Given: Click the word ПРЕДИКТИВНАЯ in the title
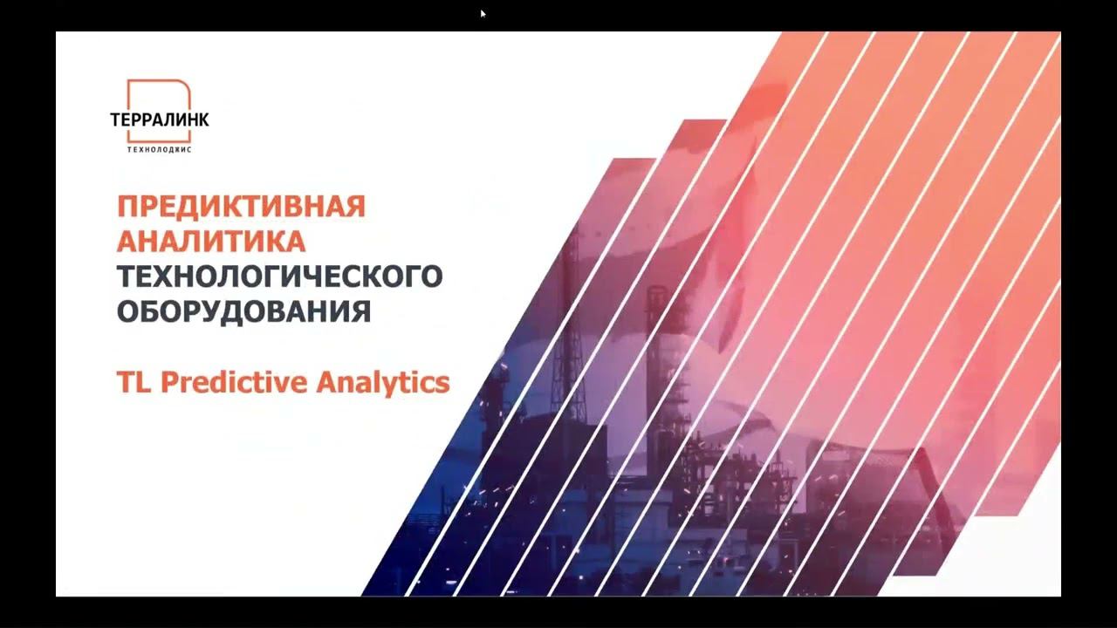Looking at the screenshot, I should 241,207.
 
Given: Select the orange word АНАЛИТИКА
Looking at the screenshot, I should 211,241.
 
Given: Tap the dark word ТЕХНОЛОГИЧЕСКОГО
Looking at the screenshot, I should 280,276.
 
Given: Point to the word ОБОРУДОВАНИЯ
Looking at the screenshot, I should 244,311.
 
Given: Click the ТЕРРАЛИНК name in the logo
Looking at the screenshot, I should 160,119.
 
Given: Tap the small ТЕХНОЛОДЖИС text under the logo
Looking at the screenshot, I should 160,149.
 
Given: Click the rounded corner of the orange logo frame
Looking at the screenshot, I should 185,85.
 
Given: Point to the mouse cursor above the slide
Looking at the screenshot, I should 483,13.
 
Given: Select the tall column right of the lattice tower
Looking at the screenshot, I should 653,349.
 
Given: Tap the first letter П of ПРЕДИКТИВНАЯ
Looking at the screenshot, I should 127,207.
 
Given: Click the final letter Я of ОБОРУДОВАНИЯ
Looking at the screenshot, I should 362,311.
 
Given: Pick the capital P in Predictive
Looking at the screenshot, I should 168,382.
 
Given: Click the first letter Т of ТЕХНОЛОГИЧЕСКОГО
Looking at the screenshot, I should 127,276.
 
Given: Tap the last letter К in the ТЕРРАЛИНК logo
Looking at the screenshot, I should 203,119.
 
